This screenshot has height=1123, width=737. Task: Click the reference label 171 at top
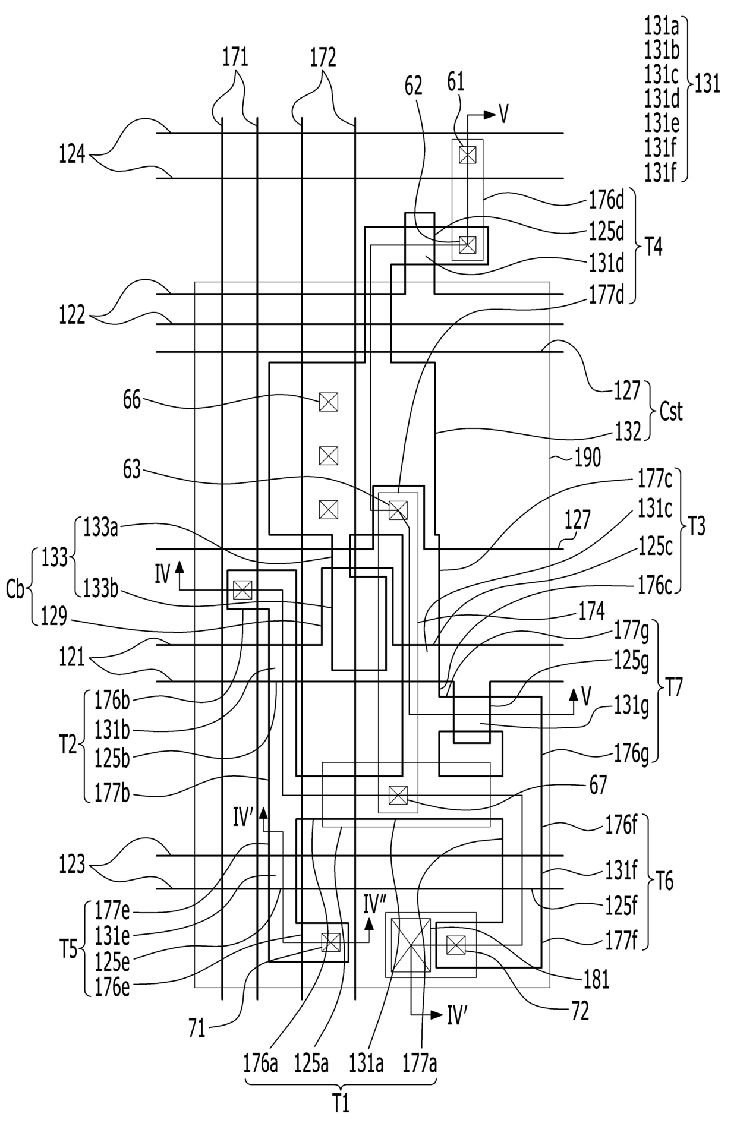pyautogui.click(x=235, y=58)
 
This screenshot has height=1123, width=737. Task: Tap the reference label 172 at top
pyautogui.click(x=323, y=58)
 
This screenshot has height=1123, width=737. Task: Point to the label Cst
pyautogui.click(x=671, y=411)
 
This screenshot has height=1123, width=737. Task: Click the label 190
pyautogui.click(x=588, y=458)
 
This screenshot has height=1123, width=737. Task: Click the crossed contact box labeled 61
pyautogui.click(x=468, y=155)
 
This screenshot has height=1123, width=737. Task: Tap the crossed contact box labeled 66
pyautogui.click(x=328, y=402)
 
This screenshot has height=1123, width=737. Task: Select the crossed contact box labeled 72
pyautogui.click(x=456, y=945)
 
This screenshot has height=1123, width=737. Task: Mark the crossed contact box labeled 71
pyautogui.click(x=330, y=942)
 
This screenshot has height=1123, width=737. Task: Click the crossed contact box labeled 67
pyautogui.click(x=398, y=794)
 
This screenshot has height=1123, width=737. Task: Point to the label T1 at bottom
pyautogui.click(x=340, y=1105)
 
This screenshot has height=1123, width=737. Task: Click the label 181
pyautogui.click(x=596, y=980)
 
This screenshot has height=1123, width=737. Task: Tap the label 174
pyautogui.click(x=592, y=612)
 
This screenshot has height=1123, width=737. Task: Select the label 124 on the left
pyautogui.click(x=72, y=157)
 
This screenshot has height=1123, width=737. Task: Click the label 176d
pyautogui.click(x=607, y=200)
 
